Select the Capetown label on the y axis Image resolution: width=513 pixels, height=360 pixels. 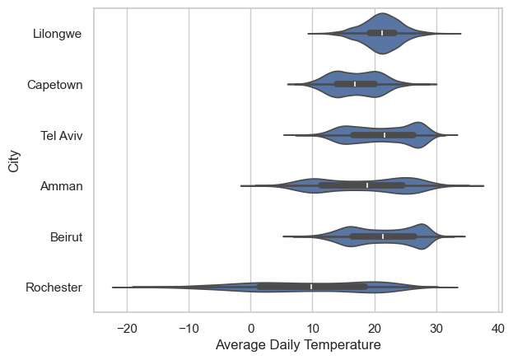click(54, 85)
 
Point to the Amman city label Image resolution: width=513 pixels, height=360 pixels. click(62, 186)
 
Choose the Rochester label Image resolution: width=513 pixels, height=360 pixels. click(54, 288)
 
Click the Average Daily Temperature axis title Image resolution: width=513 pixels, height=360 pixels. click(297, 345)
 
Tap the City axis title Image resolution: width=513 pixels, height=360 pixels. click(13, 160)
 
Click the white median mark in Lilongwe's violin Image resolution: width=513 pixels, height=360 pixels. click(382, 33)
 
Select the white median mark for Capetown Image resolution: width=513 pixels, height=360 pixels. click(355, 84)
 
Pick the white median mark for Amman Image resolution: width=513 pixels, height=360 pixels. click(367, 185)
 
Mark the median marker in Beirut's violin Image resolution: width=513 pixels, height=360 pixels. click(383, 236)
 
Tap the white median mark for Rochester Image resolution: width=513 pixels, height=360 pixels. click(311, 287)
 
